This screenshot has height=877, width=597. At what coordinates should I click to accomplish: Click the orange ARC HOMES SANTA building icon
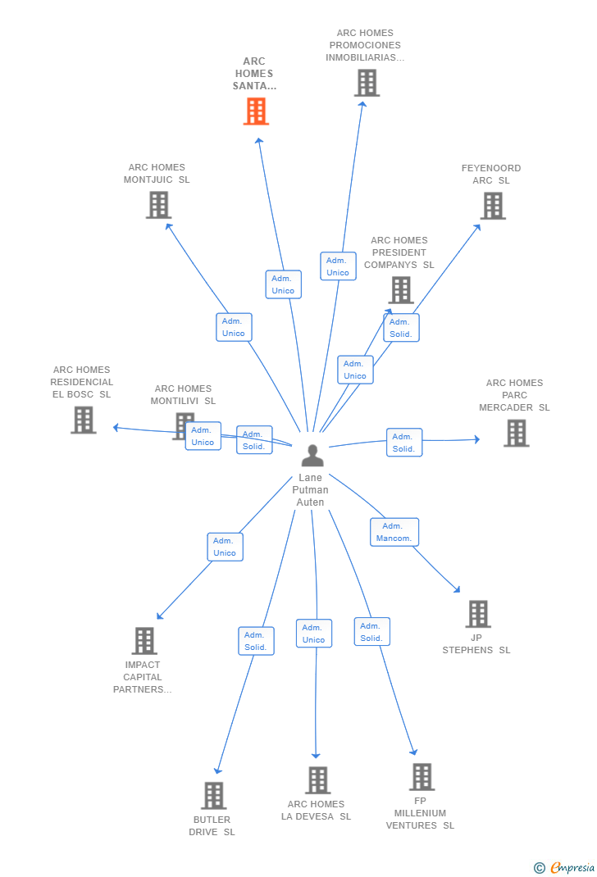(256, 111)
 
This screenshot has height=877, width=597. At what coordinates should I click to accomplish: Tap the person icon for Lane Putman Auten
(312, 455)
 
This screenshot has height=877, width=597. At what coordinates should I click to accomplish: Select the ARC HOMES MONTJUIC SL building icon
(158, 205)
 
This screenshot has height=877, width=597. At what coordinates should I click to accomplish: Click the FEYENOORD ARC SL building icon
(493, 206)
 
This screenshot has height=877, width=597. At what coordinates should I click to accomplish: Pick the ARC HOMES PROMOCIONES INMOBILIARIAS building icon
(367, 83)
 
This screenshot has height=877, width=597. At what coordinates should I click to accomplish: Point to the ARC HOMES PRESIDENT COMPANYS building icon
(401, 290)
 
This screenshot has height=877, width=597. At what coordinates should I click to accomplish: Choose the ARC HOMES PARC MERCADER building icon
(516, 433)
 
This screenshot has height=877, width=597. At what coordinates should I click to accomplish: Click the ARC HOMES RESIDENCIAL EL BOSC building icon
(84, 420)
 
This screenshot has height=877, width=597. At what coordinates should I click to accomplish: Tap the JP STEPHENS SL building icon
(478, 614)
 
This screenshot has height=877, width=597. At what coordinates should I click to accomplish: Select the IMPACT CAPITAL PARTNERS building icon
(144, 641)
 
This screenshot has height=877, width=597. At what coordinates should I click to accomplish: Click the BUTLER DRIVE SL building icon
(214, 795)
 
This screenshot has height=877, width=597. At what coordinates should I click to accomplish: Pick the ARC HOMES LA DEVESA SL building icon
(318, 780)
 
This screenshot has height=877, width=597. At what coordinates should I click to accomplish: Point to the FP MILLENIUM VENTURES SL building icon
(422, 777)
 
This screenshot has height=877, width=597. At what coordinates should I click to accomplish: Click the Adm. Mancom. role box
(394, 532)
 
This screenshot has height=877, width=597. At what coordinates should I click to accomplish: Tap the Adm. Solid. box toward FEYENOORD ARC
(401, 328)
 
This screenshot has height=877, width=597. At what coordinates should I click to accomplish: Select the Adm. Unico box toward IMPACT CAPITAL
(225, 547)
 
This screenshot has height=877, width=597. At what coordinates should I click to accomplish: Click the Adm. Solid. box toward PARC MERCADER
(404, 443)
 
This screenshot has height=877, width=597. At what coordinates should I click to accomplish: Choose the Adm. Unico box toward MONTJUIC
(234, 327)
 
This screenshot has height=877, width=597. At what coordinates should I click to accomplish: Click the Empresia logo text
(572, 867)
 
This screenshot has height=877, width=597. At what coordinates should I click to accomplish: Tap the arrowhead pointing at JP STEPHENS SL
(457, 589)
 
